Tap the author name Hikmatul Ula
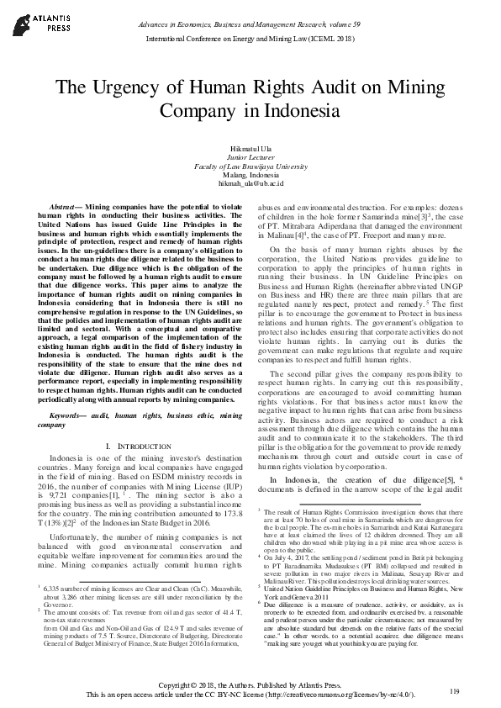click(x=250, y=148)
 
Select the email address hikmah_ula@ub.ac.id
click(x=250, y=182)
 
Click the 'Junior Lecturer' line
click(x=250, y=157)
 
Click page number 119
click(x=455, y=690)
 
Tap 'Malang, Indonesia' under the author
click(x=250, y=174)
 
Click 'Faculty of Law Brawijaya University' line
click(x=250, y=166)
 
